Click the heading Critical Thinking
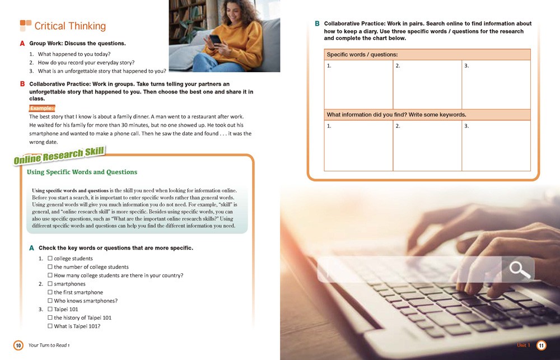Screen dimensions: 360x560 pyautogui.click(x=70, y=26)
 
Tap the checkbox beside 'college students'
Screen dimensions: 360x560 pyautogui.click(x=50, y=259)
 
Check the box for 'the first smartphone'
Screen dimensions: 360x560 pyautogui.click(x=50, y=292)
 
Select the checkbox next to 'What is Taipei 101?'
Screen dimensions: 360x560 pyautogui.click(x=50, y=326)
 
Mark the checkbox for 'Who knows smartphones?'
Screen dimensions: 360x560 pyautogui.click(x=50, y=301)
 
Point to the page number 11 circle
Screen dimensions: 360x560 pyautogui.click(x=542, y=345)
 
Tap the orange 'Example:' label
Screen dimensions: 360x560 pyautogui.click(x=42, y=108)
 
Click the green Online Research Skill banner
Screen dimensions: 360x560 pyautogui.click(x=59, y=155)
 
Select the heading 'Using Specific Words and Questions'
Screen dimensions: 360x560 pyautogui.click(x=82, y=172)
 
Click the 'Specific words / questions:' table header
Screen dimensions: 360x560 pyautogui.click(x=427, y=54)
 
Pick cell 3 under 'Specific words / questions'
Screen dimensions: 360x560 pyautogui.click(x=496, y=84)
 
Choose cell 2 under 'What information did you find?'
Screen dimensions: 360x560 pyautogui.click(x=427, y=145)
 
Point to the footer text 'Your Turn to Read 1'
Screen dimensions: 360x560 pyautogui.click(x=49, y=346)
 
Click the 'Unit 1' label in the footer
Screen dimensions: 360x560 pyautogui.click(x=523, y=345)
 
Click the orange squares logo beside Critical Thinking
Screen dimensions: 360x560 pyautogui.click(x=26, y=25)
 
